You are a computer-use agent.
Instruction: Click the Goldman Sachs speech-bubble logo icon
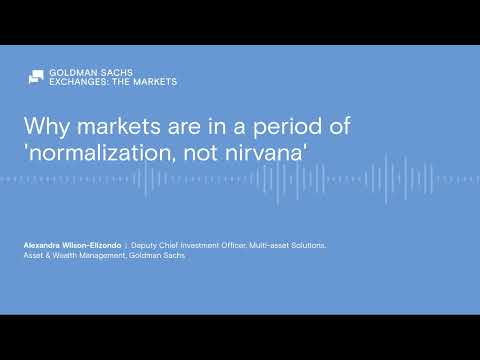pos(35,77)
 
